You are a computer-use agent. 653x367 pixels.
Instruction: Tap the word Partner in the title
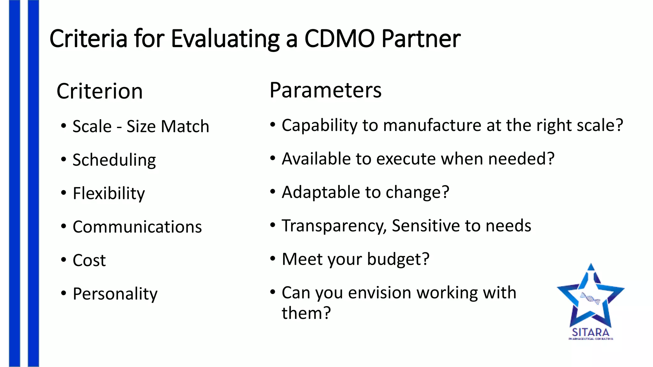pyautogui.click(x=421, y=39)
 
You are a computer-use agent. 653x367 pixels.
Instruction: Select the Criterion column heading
pyautogui.click(x=99, y=91)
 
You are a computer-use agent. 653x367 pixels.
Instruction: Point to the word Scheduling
pyautogui.click(x=114, y=160)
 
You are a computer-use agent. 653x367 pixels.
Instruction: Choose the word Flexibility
pyautogui.click(x=109, y=193)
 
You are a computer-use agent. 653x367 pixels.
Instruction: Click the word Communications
pyautogui.click(x=137, y=227)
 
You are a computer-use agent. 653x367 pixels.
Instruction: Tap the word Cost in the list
pyautogui.click(x=89, y=260)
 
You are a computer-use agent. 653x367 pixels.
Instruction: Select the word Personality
pyautogui.click(x=115, y=294)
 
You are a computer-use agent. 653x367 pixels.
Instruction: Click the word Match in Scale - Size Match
pyautogui.click(x=185, y=126)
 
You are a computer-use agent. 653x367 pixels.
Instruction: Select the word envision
pyautogui.click(x=379, y=292)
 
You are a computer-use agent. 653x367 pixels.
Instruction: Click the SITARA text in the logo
pyautogui.click(x=591, y=332)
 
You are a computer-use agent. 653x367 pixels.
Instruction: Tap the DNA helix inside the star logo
pyautogui.click(x=590, y=299)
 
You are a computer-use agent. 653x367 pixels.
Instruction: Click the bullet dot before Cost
pyautogui.click(x=64, y=260)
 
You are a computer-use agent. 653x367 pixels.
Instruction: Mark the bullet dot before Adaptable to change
pyautogui.click(x=273, y=192)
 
